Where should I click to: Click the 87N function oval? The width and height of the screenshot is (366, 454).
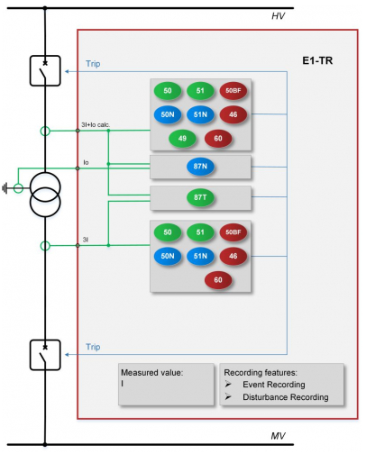click(200, 167)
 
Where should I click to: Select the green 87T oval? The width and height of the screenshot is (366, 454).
click(200, 197)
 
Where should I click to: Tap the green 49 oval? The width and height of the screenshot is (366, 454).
click(182, 139)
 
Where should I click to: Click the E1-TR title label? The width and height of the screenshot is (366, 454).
click(317, 61)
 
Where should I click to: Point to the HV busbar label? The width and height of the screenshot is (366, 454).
click(278, 16)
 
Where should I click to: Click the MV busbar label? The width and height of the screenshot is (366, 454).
click(278, 436)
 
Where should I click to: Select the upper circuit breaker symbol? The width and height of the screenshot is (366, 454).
click(45, 71)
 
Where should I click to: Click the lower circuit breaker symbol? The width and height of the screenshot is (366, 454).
click(45, 355)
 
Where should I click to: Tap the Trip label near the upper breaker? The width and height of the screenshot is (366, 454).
click(93, 64)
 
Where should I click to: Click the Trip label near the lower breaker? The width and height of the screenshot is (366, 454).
click(93, 347)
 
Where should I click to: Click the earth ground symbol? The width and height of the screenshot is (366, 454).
click(5, 188)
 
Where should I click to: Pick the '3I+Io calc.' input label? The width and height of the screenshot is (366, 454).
click(96, 124)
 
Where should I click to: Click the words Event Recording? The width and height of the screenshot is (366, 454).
click(274, 385)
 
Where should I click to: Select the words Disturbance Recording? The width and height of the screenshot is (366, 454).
click(286, 397)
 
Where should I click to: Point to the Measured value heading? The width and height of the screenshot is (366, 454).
click(152, 373)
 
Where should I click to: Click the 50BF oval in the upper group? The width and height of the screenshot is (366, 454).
click(233, 91)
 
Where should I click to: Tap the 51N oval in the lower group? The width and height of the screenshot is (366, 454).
click(200, 256)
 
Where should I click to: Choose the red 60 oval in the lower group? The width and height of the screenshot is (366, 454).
click(218, 280)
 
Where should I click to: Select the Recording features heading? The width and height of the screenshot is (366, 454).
click(261, 373)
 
